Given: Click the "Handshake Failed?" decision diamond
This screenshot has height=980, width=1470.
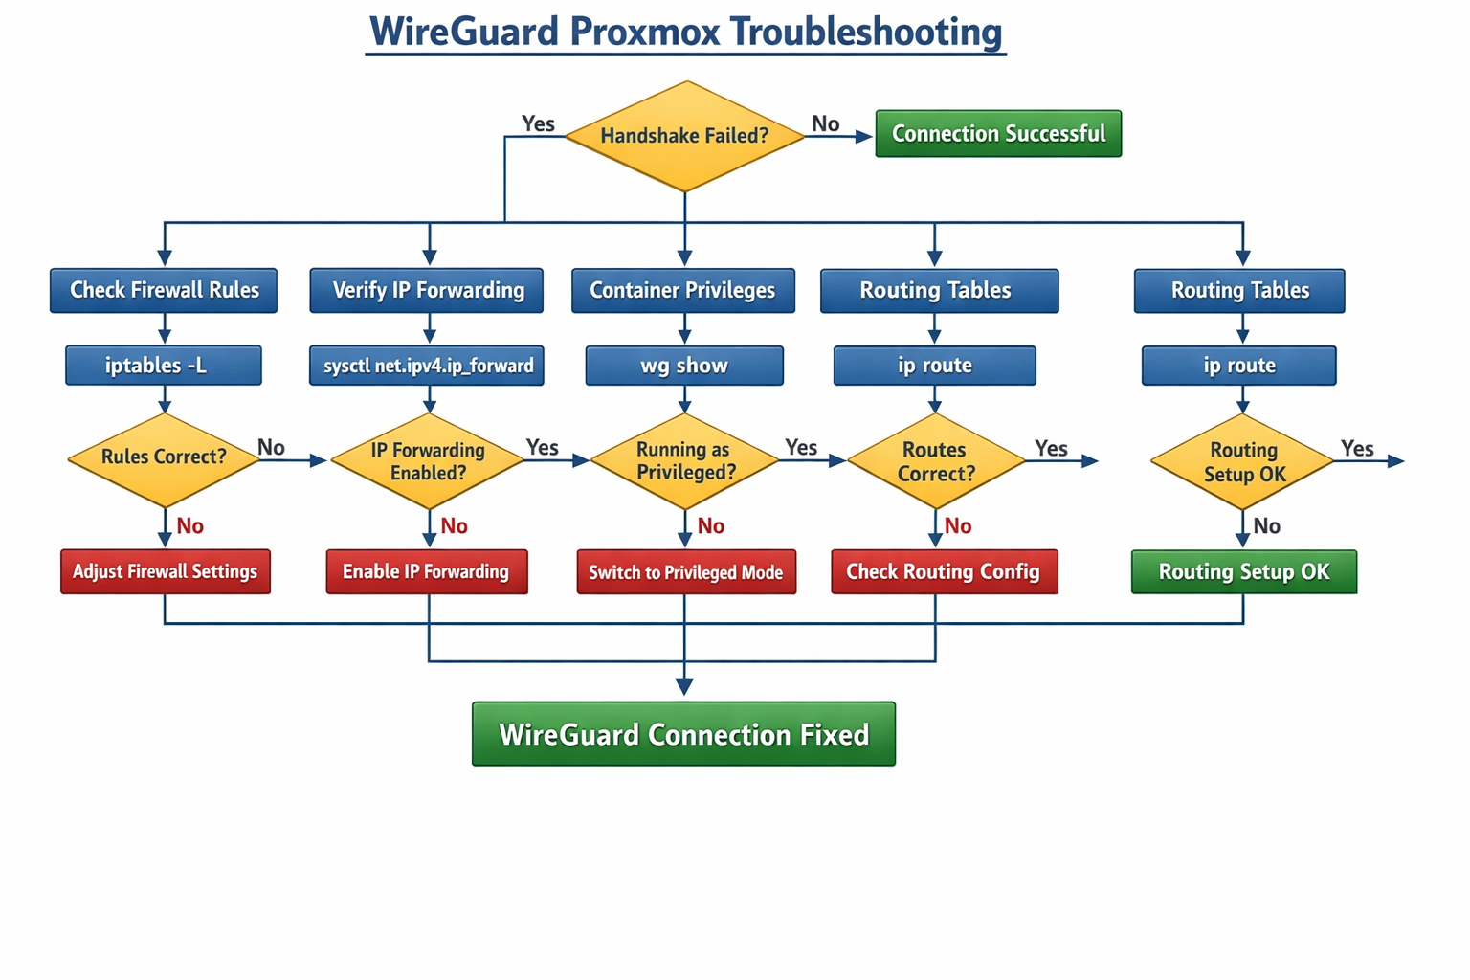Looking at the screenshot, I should (684, 136).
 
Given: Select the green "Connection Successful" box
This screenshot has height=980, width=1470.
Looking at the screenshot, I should (998, 134).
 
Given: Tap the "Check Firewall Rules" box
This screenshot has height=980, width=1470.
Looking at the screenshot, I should (164, 291).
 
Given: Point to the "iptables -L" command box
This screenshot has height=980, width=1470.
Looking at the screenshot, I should (164, 366).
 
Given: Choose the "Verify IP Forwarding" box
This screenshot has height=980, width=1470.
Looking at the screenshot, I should (427, 291).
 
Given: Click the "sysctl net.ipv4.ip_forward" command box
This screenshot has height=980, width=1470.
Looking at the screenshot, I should (427, 366).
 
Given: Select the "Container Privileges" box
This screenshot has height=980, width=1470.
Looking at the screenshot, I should (683, 291).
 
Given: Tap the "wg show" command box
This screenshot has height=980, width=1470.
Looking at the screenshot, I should (684, 366).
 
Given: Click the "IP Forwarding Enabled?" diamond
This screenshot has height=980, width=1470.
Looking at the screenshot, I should (428, 461).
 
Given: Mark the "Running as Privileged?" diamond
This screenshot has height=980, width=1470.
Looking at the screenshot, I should (684, 461).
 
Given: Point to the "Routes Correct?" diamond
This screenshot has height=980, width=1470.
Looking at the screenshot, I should (936, 461).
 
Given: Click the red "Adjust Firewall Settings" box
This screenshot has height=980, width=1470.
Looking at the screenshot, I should (166, 572).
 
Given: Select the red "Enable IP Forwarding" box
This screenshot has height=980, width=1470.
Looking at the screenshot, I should (427, 572).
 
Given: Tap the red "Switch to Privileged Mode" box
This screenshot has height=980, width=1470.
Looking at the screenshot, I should (686, 572).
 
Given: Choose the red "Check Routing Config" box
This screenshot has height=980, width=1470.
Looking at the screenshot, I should (944, 572).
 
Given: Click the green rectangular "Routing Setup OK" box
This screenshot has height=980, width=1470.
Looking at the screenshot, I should (1244, 572).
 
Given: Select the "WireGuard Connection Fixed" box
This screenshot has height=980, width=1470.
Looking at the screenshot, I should (683, 734).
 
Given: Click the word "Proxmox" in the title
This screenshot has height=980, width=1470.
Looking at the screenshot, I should (645, 32).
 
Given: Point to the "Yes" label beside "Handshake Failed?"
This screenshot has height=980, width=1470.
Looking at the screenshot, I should (538, 123).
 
